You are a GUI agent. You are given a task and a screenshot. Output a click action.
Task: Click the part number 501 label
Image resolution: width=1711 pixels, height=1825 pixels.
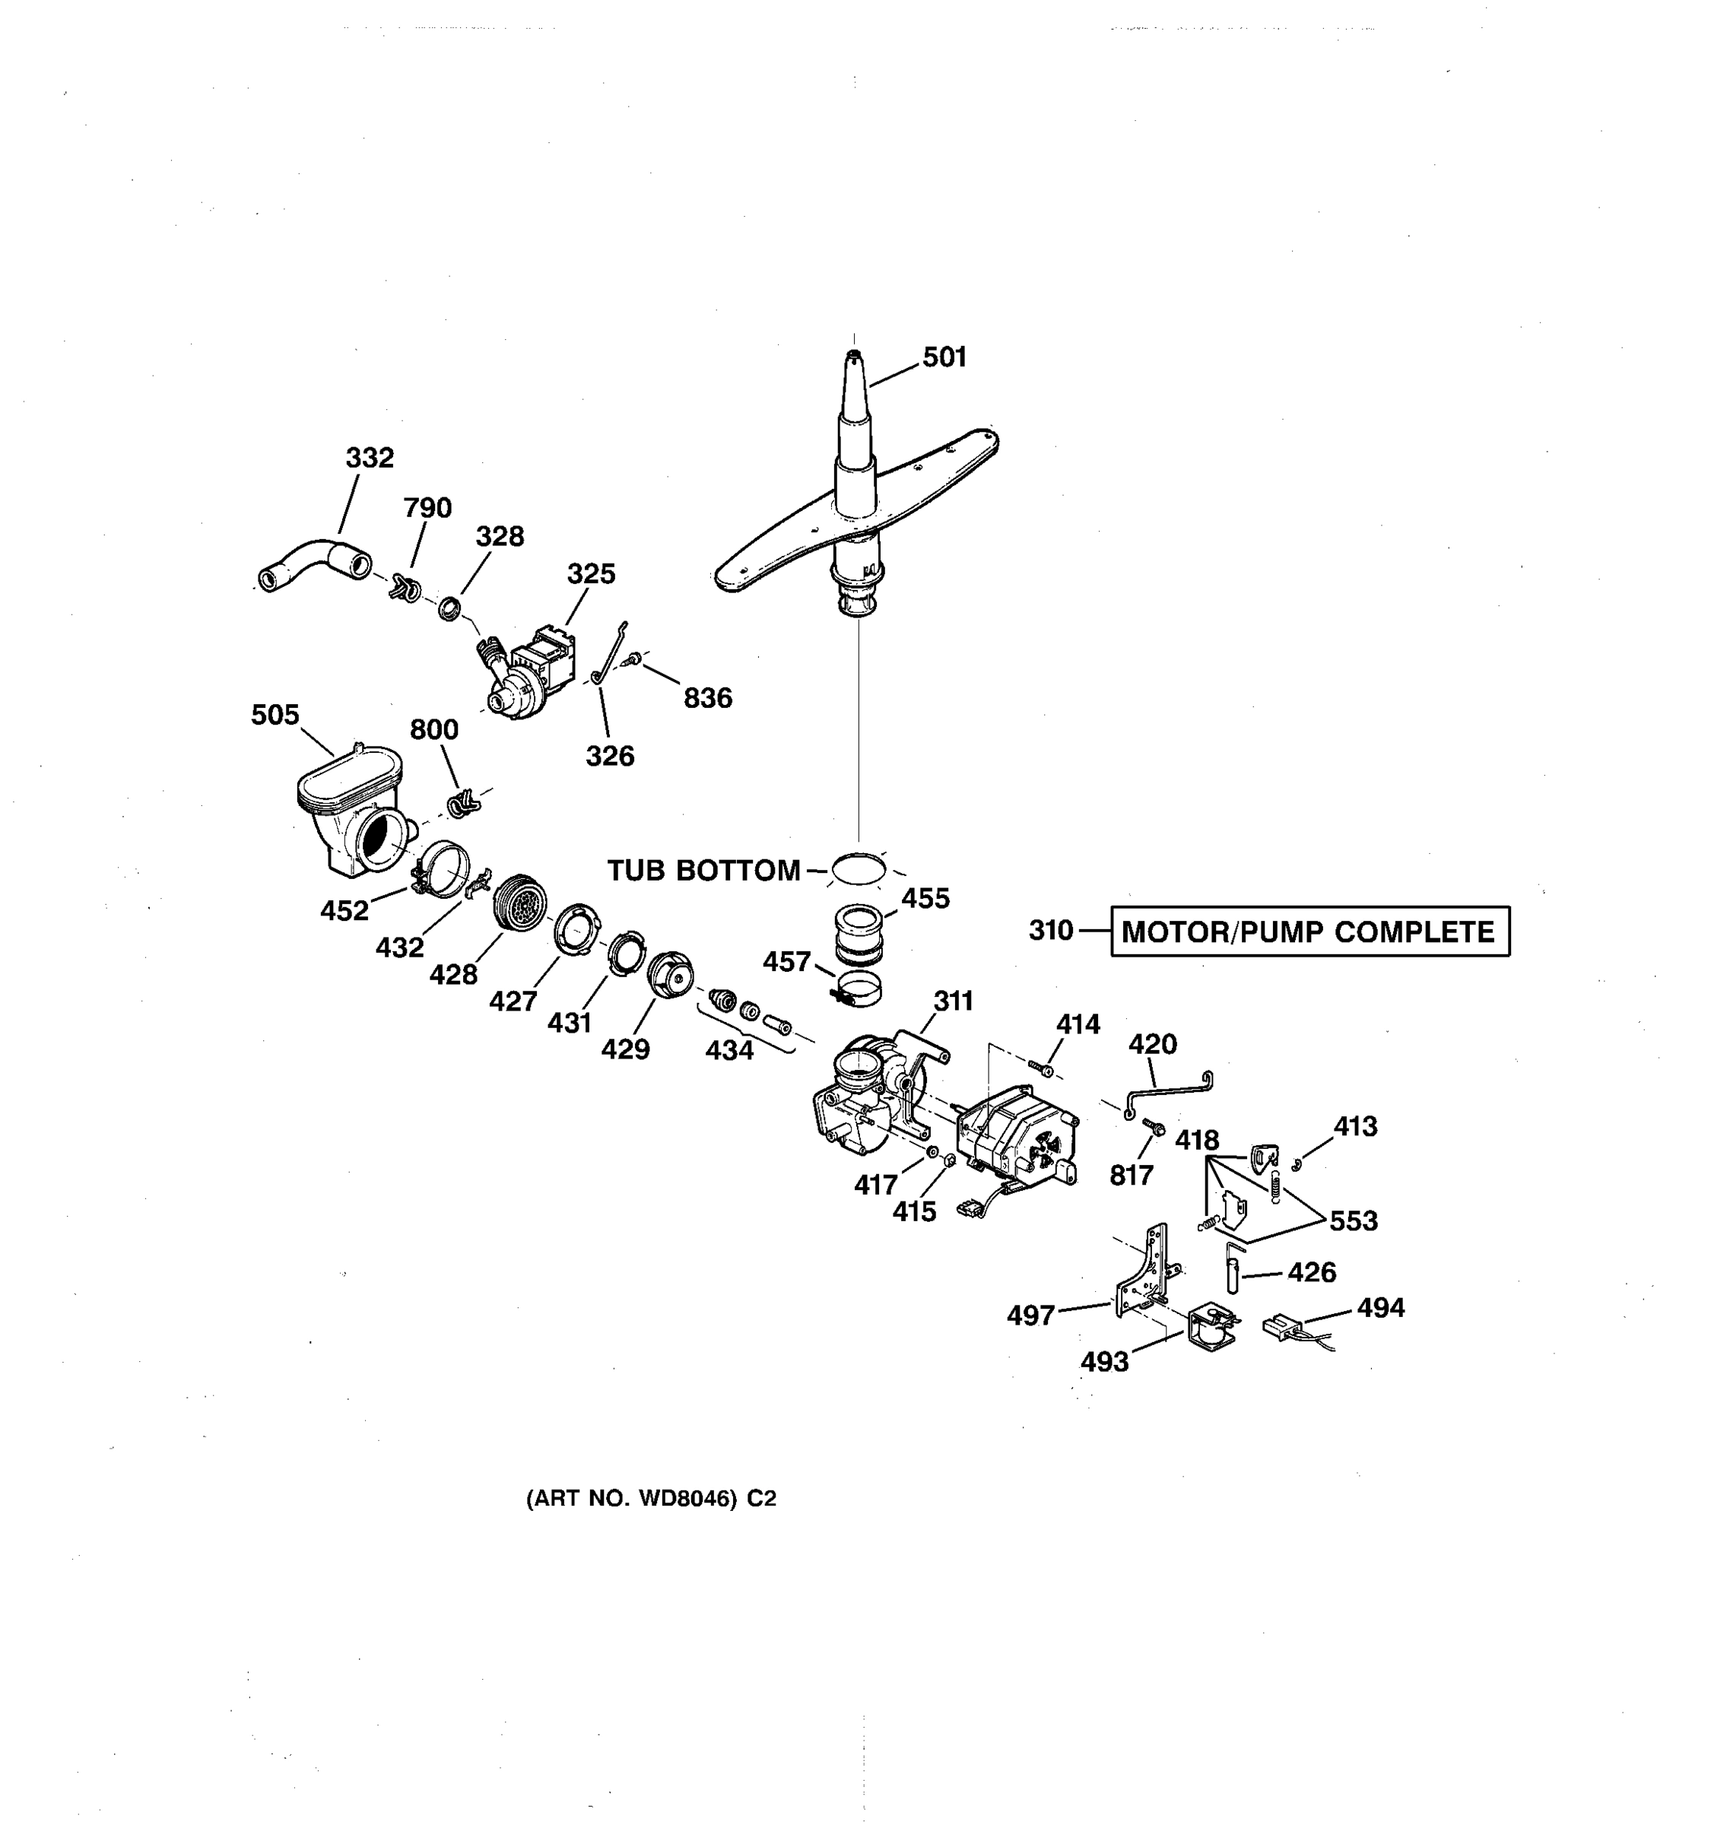(944, 357)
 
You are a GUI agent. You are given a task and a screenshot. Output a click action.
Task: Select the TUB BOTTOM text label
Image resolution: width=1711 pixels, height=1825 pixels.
(703, 870)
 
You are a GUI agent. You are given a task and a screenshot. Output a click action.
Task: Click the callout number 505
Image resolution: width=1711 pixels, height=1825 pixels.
(275, 715)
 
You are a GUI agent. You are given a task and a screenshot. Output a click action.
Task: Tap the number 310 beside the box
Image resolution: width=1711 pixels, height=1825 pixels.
(1051, 931)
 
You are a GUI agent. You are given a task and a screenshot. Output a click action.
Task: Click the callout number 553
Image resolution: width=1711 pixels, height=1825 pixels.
(1353, 1221)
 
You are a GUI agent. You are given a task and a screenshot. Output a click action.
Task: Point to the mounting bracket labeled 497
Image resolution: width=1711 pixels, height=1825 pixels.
(1144, 1271)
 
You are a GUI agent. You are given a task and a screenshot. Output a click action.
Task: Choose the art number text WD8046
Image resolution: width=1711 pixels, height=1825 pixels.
(651, 1498)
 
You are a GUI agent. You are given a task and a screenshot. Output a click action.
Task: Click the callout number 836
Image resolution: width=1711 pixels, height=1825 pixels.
(708, 699)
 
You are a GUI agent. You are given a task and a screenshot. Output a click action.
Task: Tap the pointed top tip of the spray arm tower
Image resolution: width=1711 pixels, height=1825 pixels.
(854, 354)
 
